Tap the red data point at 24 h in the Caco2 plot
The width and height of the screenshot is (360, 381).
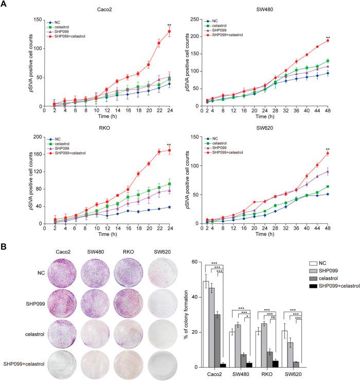(169, 32)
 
